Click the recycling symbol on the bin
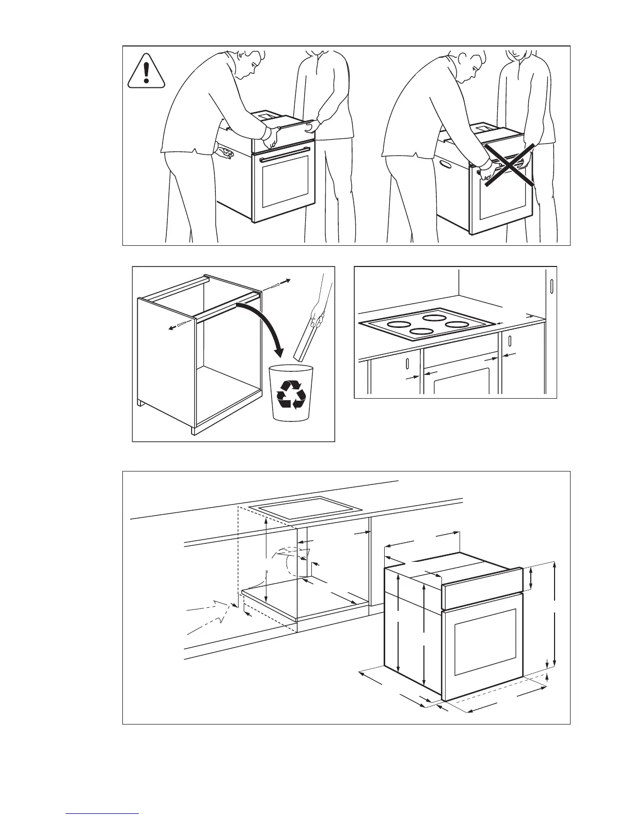pyautogui.click(x=291, y=395)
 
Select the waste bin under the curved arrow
pyautogui.click(x=291, y=392)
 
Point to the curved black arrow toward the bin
pyautogui.click(x=263, y=325)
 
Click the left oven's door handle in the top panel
pyautogui.click(x=285, y=154)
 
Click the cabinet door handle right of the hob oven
pyautogui.click(x=510, y=341)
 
